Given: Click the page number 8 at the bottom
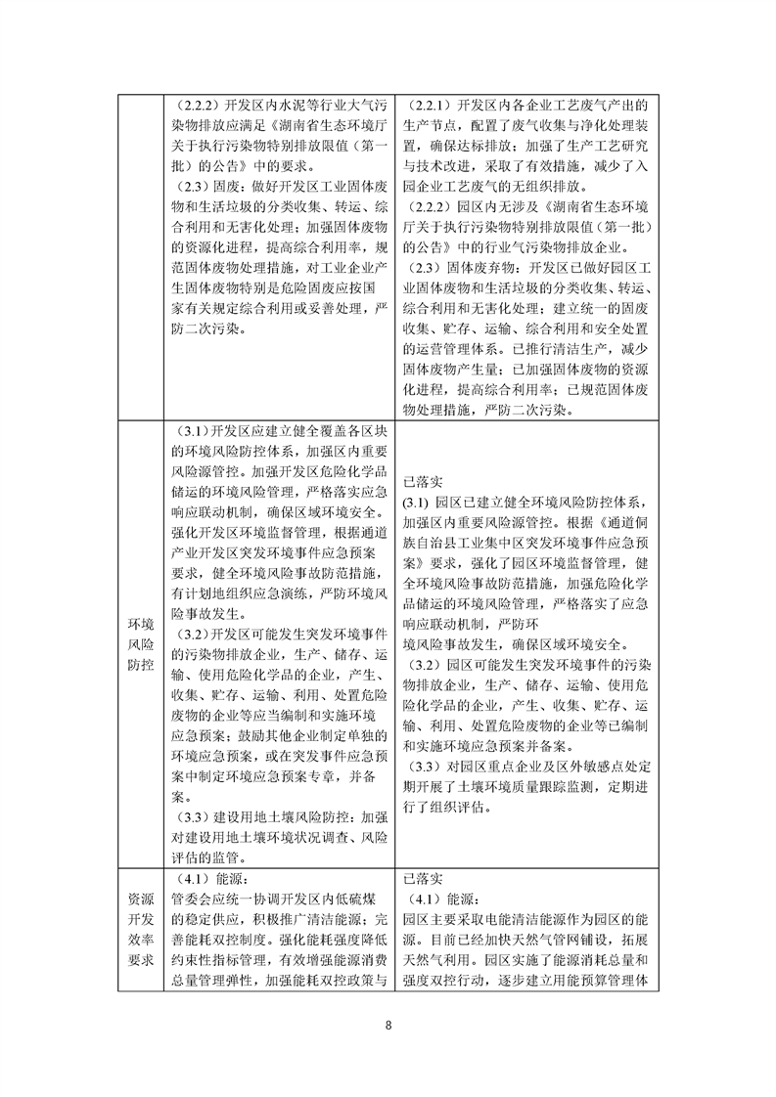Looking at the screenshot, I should pos(388,1026).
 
